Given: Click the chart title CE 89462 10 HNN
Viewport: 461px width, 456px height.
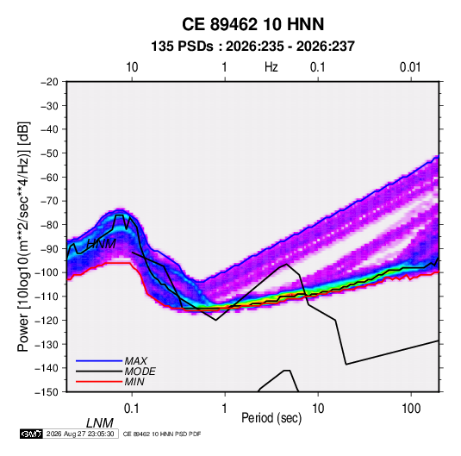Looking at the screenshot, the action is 252,24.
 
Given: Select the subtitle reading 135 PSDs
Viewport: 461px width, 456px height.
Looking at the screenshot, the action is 182,47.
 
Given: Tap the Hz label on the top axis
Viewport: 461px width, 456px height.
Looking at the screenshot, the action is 271,67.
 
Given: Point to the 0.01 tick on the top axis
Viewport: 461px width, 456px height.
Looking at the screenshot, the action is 410,67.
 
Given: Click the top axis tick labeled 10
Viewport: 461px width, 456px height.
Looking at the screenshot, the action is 132,67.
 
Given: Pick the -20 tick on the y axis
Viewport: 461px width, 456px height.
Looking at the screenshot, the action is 49,82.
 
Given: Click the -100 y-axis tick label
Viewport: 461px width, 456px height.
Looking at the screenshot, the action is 47,272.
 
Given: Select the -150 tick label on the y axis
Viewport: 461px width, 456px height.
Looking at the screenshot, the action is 47,392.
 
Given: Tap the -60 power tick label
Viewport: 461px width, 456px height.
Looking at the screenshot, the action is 49,177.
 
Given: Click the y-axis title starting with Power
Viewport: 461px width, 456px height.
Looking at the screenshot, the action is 23,236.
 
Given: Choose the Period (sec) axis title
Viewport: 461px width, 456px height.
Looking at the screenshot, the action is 271,418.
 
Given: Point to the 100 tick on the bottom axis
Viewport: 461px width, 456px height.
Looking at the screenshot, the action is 411,409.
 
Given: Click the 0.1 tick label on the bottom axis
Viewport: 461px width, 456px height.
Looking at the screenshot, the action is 131,409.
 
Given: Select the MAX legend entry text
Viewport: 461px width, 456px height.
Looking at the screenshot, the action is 135,360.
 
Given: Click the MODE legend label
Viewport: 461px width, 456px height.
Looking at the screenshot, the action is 140,372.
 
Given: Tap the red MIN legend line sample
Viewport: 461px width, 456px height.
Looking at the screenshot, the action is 99,382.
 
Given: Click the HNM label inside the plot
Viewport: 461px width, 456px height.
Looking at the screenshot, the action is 102,244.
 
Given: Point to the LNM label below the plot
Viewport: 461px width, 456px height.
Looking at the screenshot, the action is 100,423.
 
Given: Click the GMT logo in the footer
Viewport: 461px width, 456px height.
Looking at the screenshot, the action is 32,434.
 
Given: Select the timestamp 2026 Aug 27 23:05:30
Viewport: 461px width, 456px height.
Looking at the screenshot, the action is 80,434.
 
